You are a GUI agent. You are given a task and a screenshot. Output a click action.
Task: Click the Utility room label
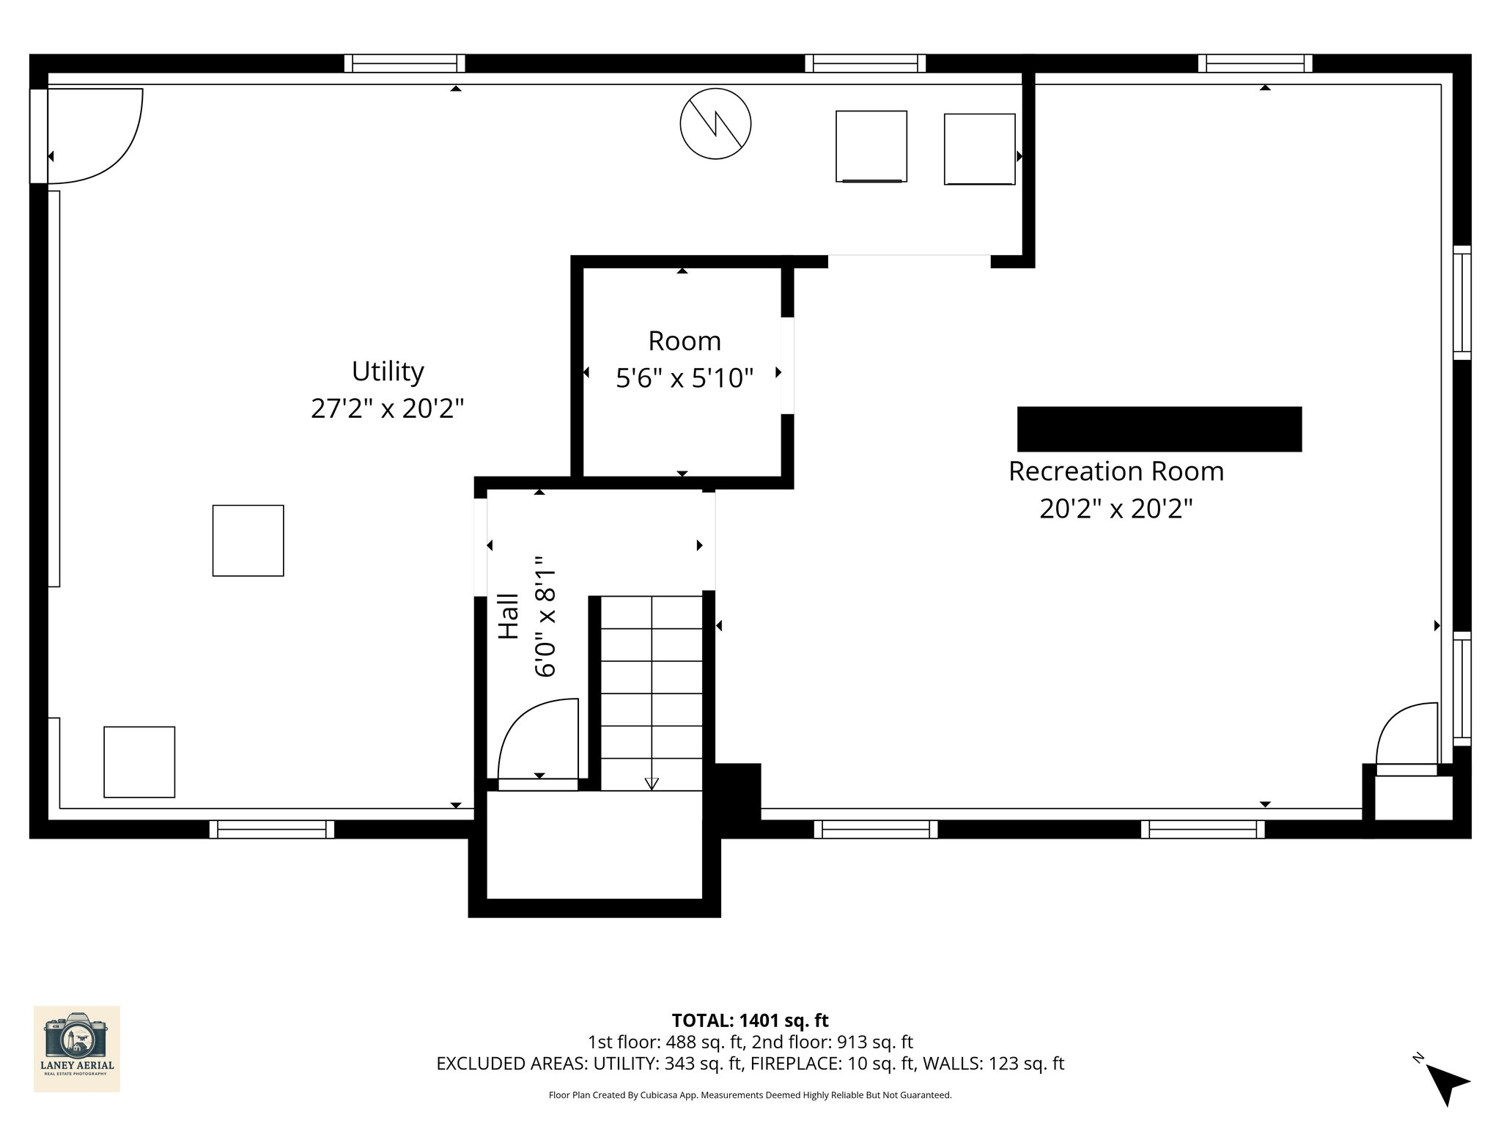[x=388, y=372]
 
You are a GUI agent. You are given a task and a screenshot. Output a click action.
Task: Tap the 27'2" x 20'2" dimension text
[x=388, y=408]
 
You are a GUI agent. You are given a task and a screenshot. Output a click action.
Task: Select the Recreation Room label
[x=1115, y=471]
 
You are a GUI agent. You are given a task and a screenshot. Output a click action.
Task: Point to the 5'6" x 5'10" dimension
[x=685, y=378]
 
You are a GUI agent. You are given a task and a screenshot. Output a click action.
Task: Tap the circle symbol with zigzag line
[x=715, y=124]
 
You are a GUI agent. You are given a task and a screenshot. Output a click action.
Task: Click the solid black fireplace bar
[x=1159, y=429]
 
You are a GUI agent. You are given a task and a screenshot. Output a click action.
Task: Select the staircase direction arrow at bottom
[x=651, y=783]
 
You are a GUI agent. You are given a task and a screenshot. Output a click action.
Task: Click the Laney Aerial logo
[x=77, y=1048]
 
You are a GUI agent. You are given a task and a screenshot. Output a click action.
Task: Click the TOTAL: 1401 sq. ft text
[x=750, y=1020]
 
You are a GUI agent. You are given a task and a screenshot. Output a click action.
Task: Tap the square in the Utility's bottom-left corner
[x=139, y=762]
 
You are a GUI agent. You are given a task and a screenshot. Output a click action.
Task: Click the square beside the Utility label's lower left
[x=248, y=540]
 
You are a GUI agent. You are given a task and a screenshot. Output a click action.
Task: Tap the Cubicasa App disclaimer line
[x=750, y=1095]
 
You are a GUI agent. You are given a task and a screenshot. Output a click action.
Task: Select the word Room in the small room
[x=685, y=342]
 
